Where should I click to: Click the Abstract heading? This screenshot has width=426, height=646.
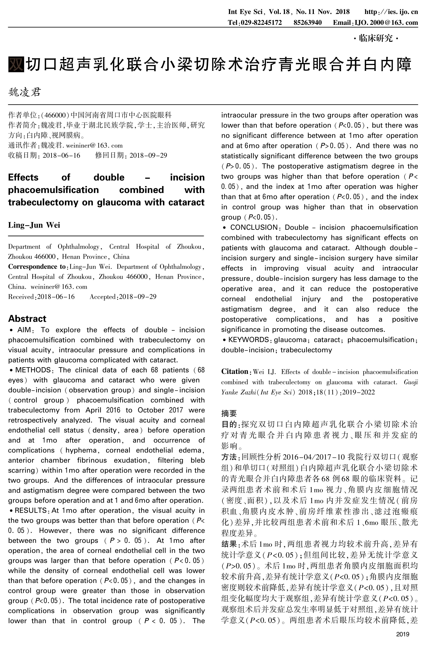27,318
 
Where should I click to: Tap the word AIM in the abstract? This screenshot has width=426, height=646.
24,330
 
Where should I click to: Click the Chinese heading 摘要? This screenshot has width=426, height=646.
229,413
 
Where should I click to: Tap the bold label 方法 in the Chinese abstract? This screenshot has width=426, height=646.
229,457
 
